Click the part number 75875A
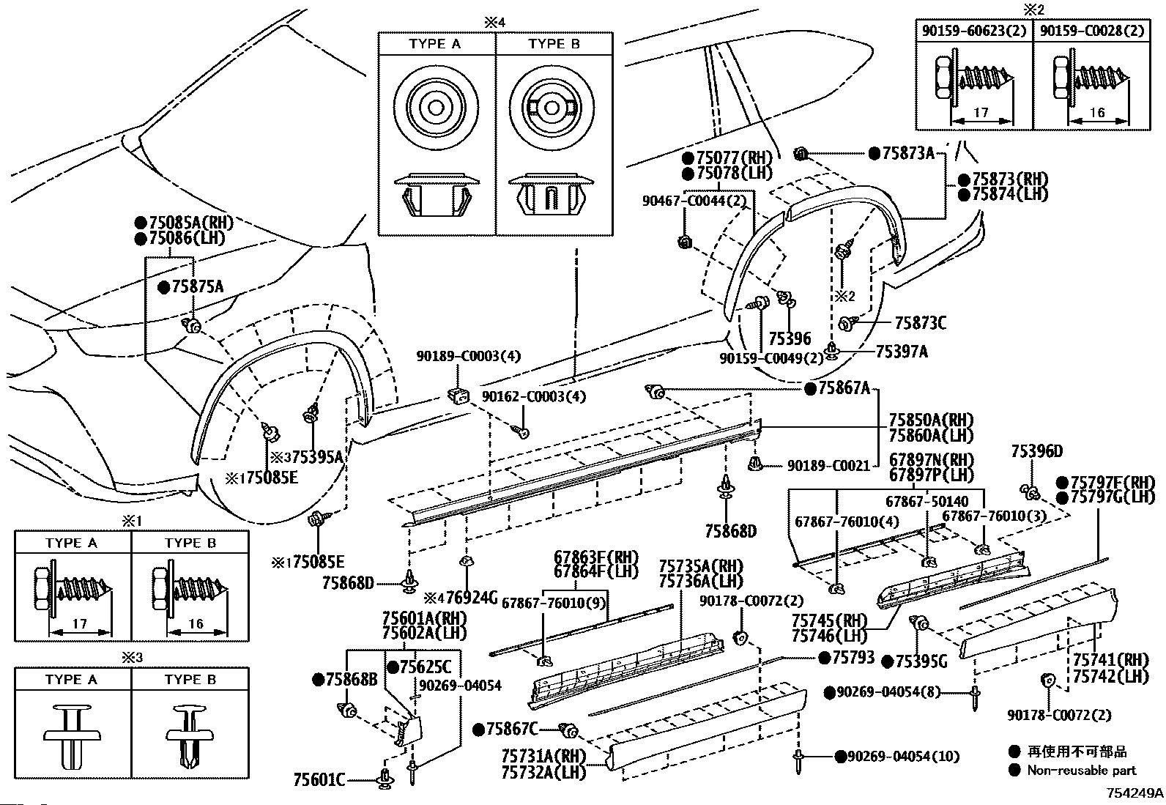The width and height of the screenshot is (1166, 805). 197,286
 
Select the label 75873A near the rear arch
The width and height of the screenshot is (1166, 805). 908,153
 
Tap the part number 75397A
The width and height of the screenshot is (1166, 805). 902,352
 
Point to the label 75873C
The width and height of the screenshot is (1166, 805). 921,323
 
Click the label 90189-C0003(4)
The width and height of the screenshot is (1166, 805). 469,357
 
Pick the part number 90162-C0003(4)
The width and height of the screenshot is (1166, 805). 533,396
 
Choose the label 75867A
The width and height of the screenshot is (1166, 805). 844,388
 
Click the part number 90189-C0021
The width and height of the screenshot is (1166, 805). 828,466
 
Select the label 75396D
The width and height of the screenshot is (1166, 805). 1037,451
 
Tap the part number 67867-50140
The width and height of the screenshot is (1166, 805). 927,502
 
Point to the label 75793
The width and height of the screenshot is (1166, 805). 853,657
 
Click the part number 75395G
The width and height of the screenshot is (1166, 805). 921,662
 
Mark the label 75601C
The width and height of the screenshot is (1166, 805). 319,779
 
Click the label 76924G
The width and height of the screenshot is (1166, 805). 472,597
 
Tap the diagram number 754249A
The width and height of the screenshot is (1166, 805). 1135,793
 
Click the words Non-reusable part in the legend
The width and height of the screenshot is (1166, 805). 1082,770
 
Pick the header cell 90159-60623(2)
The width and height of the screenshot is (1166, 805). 974,31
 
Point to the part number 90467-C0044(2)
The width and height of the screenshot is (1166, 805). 694,201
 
